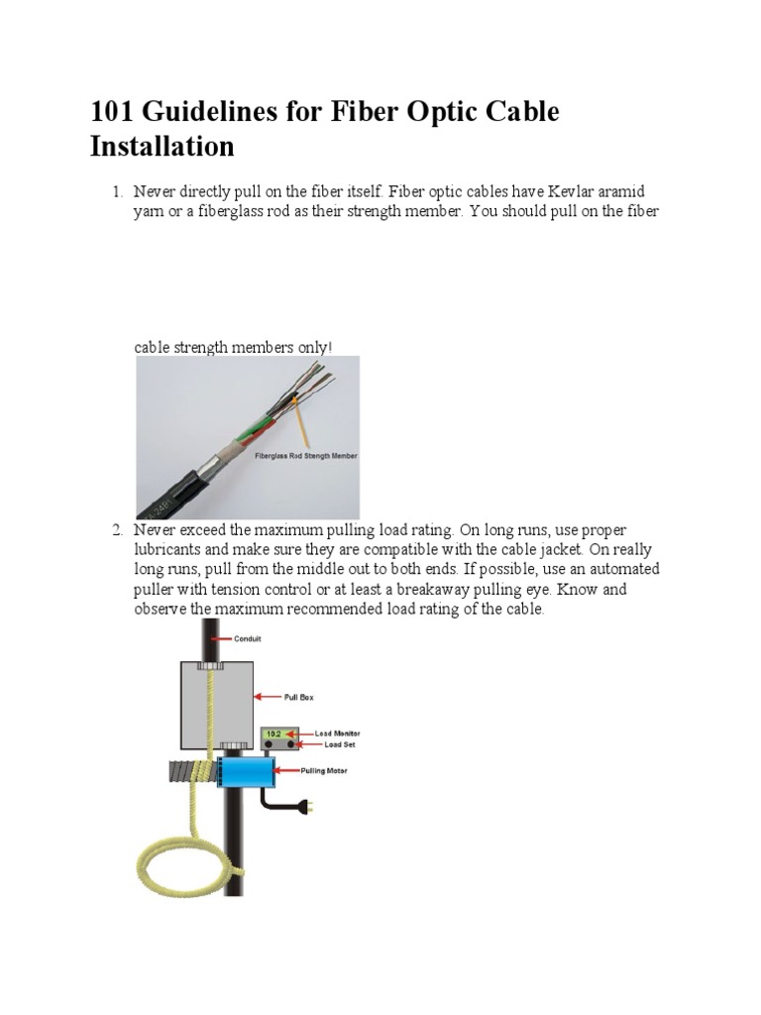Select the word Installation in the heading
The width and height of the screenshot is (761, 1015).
pos(162,147)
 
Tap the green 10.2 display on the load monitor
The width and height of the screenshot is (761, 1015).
pos(273,734)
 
